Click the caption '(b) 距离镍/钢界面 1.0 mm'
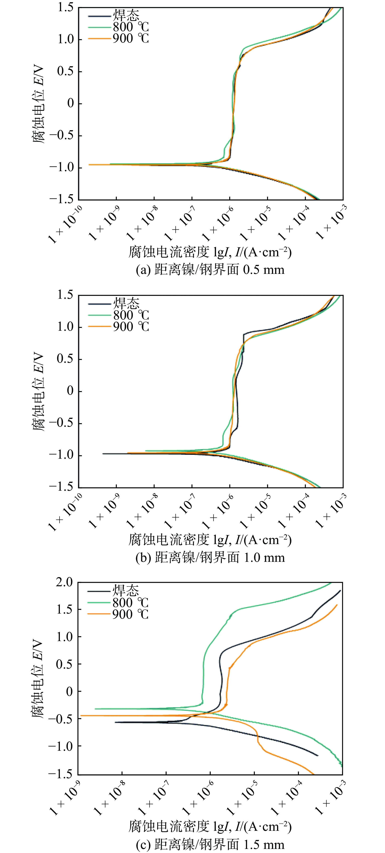coord(210,558)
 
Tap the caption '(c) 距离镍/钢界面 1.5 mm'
coord(210,844)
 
